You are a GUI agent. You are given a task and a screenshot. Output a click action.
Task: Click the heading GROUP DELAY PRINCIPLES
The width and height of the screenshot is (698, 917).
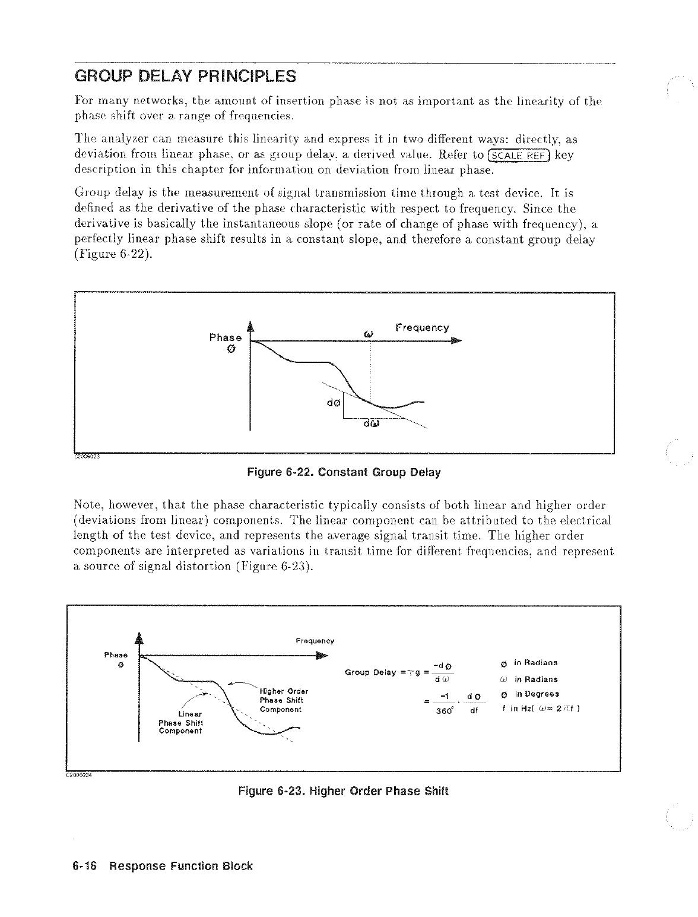pyautogui.click(x=185, y=77)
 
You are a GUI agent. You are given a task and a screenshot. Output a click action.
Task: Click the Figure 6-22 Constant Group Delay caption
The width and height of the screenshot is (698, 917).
pyautogui.click(x=344, y=473)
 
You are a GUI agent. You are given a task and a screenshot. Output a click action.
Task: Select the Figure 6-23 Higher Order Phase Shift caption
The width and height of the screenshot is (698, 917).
pyautogui.click(x=343, y=791)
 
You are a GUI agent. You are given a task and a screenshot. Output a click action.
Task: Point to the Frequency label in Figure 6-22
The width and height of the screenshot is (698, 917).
pyautogui.click(x=421, y=328)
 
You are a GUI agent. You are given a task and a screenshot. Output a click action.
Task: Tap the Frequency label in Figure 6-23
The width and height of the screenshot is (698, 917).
pyautogui.click(x=315, y=641)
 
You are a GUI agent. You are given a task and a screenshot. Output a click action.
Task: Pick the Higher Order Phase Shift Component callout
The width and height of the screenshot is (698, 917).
pyautogui.click(x=283, y=700)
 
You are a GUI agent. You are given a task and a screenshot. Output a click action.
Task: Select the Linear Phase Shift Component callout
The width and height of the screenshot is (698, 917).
pyautogui.click(x=180, y=722)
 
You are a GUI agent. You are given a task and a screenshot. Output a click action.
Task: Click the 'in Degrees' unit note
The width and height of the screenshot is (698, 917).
pyautogui.click(x=536, y=694)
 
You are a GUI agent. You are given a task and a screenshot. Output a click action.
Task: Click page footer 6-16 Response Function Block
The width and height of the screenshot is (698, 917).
pyautogui.click(x=158, y=866)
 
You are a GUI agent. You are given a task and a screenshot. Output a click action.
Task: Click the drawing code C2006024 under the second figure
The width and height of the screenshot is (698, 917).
pyautogui.click(x=77, y=774)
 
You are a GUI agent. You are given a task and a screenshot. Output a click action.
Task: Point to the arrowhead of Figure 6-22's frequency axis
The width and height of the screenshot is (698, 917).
pyautogui.click(x=455, y=341)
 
